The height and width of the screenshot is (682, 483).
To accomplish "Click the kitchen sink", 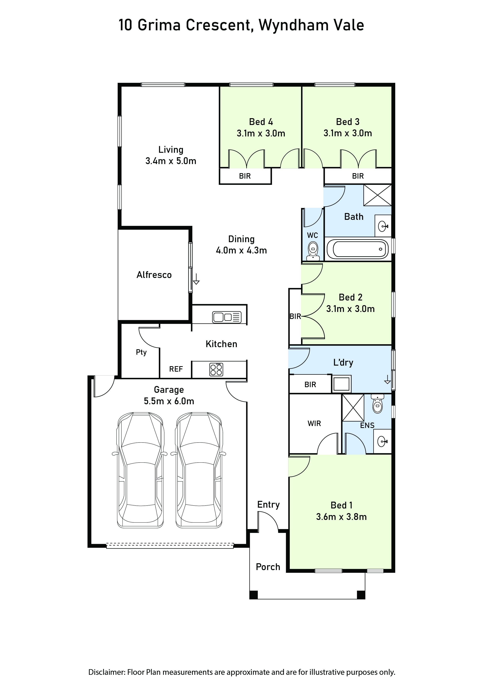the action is pyautogui.click(x=227, y=317).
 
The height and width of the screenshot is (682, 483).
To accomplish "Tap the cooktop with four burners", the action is pyautogui.click(x=216, y=369).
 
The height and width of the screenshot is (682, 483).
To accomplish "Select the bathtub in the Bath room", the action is pyautogui.click(x=357, y=249).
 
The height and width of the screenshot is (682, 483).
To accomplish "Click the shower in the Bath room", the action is pyautogui.click(x=377, y=195).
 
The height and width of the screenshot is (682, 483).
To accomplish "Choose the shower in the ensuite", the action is pyautogui.click(x=353, y=408).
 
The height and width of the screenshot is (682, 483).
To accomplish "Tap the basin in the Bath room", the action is pyautogui.click(x=383, y=226).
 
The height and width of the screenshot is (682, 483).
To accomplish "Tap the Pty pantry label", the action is pyautogui.click(x=141, y=352).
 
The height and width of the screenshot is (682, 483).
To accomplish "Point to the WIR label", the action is pyautogui.click(x=314, y=424).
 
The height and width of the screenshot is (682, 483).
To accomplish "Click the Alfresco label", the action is pyautogui.click(x=154, y=275).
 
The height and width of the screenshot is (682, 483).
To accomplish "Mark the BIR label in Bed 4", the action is pyautogui.click(x=245, y=176).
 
